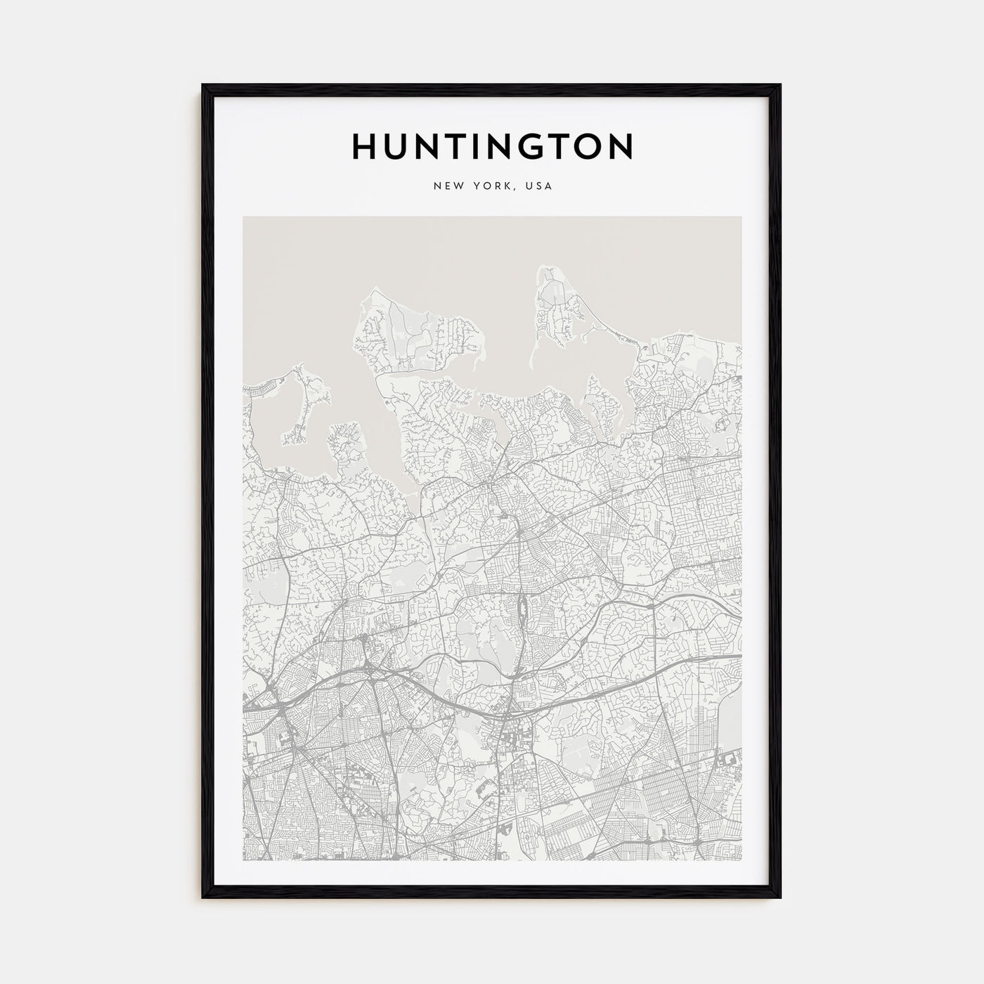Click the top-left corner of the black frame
pyautogui.click(x=204, y=86)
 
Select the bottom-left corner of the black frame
pyautogui.click(x=204, y=898)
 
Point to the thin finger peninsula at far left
pyautogui.click(x=307, y=408)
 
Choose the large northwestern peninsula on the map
pyautogui.click(x=415, y=330)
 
